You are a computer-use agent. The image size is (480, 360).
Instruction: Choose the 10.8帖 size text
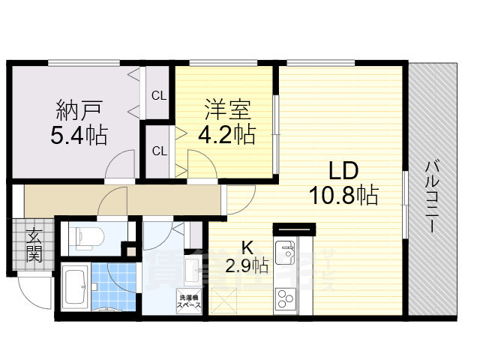(343, 195)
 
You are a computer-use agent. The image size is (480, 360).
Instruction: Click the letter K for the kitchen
(246, 247)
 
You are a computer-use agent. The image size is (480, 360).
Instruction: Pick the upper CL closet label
(159, 95)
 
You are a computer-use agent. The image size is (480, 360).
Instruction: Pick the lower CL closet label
(159, 151)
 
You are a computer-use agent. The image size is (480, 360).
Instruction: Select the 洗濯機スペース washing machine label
(188, 301)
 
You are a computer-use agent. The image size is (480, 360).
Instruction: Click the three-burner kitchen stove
(285, 300)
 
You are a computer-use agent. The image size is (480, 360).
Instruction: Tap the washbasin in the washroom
(189, 267)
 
